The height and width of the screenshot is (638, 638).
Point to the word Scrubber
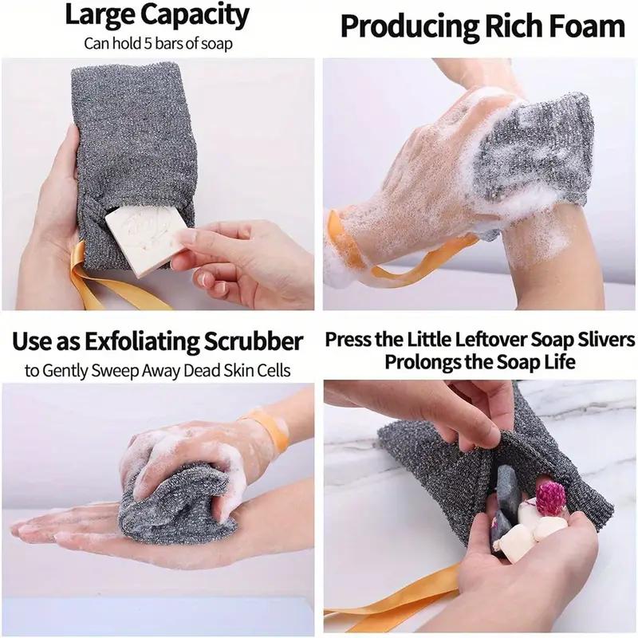click(x=256, y=342)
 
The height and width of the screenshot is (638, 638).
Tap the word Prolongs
click(x=423, y=363)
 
